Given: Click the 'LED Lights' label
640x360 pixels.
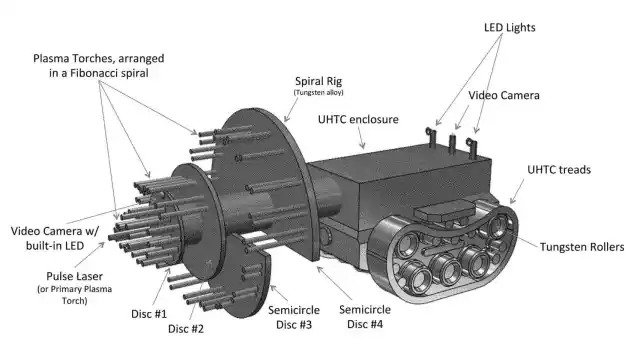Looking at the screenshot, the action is pyautogui.click(x=509, y=28).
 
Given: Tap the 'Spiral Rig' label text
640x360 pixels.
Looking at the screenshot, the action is pyautogui.click(x=318, y=82).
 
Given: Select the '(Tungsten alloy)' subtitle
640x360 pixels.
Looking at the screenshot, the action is pyautogui.click(x=318, y=93).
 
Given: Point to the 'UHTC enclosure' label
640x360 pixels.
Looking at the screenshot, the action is pyautogui.click(x=358, y=120).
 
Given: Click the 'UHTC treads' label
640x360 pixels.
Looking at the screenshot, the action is pyautogui.click(x=559, y=170).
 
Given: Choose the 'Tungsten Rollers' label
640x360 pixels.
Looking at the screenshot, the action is pyautogui.click(x=582, y=247).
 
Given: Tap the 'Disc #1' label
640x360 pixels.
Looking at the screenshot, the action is pyautogui.click(x=149, y=314).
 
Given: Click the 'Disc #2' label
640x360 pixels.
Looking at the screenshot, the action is pyautogui.click(x=186, y=329).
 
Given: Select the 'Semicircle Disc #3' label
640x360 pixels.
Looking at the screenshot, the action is pyautogui.click(x=294, y=317).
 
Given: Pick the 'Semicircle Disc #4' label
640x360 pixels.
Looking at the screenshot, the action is pyautogui.click(x=365, y=317).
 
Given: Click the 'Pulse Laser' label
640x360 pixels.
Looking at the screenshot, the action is pyautogui.click(x=74, y=276).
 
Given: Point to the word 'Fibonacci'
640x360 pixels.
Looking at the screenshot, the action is pyautogui.click(x=91, y=73).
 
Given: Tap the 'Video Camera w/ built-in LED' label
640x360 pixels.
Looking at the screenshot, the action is pyautogui.click(x=55, y=238).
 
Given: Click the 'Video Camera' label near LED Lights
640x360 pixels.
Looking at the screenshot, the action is pyautogui.click(x=504, y=96).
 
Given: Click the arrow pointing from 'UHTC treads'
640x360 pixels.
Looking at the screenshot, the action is pyautogui.click(x=517, y=191).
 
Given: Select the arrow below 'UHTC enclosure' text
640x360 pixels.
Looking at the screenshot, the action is pyautogui.click(x=361, y=138).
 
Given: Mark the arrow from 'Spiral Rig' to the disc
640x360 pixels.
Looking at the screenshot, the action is pyautogui.click(x=291, y=109).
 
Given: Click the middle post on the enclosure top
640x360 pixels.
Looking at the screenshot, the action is pyautogui.click(x=452, y=144).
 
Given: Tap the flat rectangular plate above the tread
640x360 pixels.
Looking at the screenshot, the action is pyautogui.click(x=445, y=211).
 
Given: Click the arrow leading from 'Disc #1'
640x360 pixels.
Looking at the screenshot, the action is pyautogui.click(x=162, y=287).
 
